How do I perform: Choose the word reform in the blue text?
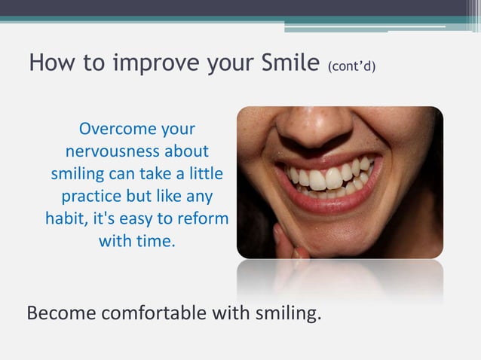[205, 219]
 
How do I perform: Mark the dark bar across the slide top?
[240, 8]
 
